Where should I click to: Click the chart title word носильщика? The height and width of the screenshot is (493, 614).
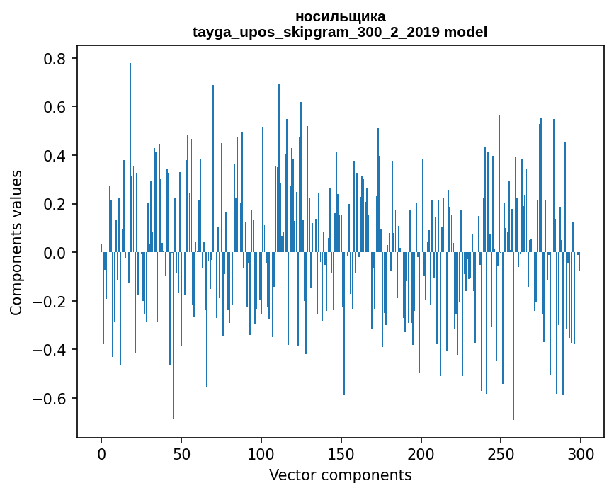[340, 16]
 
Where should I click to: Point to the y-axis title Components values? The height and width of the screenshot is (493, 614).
[16, 242]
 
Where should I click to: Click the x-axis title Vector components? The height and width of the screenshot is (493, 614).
[340, 475]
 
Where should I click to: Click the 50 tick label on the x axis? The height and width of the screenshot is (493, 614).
[181, 453]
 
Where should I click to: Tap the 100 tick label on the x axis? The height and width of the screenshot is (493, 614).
[261, 453]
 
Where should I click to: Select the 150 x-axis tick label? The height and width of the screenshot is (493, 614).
[341, 453]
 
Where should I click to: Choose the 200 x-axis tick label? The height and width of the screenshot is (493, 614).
[421, 453]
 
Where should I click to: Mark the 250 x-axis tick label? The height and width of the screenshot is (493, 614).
[501, 453]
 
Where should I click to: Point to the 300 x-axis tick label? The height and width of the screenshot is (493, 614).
[581, 453]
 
